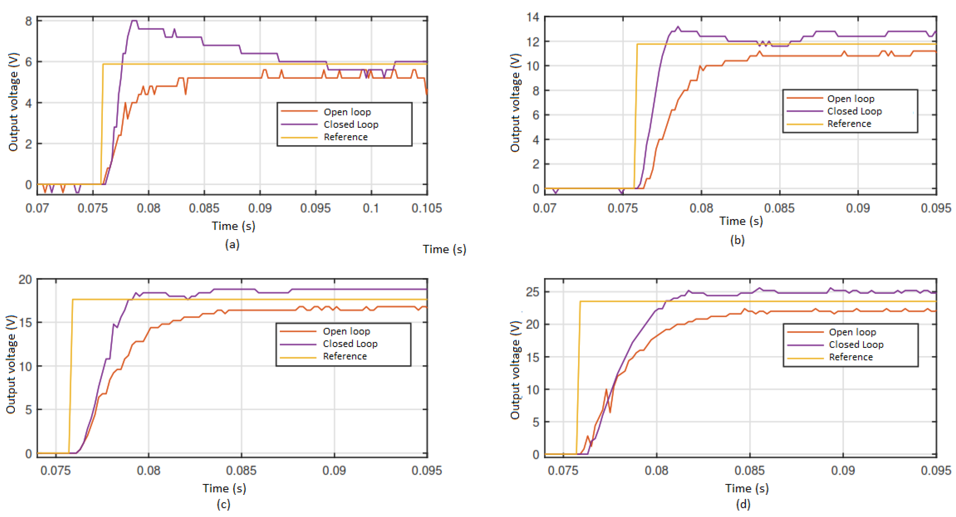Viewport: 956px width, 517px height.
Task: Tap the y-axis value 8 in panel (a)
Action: (x=29, y=21)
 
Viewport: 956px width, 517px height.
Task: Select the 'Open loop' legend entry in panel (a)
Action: (x=347, y=112)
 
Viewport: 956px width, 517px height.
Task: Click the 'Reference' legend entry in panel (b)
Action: (x=849, y=124)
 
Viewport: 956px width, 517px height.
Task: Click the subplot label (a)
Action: (x=232, y=244)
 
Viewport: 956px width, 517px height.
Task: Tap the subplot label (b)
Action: (x=737, y=240)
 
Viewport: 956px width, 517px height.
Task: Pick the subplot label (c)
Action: (x=223, y=504)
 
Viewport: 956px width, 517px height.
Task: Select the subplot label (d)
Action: (x=743, y=504)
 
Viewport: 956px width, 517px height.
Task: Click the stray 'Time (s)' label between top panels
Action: (x=444, y=249)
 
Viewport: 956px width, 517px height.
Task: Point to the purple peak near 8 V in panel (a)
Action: (x=134, y=21)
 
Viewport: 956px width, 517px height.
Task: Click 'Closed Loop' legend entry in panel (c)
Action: (x=350, y=344)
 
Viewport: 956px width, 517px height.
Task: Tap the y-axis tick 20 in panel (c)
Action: (x=25, y=280)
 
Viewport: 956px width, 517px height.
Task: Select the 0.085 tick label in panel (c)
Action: (x=241, y=471)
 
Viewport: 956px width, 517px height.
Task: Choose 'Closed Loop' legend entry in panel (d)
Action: (x=856, y=344)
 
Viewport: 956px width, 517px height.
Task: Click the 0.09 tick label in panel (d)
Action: (x=843, y=471)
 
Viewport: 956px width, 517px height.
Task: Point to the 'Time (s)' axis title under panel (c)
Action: (x=224, y=489)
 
